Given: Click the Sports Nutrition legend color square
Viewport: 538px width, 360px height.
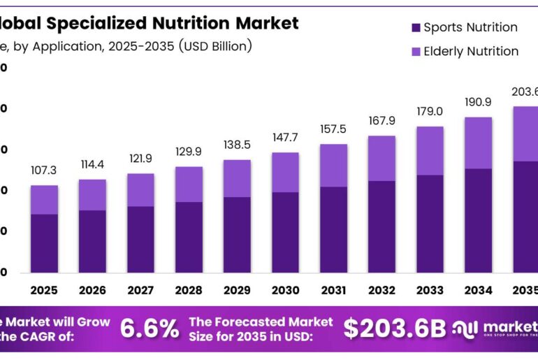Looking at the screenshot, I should coord(416,28).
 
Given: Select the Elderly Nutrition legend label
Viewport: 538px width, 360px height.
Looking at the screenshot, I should coord(471,51).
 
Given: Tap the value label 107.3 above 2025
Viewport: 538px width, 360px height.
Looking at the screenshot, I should coord(44,171).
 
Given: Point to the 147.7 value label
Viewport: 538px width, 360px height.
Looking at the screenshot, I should coord(285,138).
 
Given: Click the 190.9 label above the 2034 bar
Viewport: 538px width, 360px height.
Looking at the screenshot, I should coord(479,102).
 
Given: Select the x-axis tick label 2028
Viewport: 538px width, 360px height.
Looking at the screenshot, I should coord(189,290).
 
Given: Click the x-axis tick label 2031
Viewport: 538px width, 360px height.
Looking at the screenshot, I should coord(333,290).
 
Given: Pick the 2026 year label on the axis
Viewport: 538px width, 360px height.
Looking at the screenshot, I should coord(92,290).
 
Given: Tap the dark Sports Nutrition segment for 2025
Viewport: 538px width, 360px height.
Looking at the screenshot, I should coord(44,243).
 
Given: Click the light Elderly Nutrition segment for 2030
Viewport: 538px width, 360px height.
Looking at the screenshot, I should coord(285,172).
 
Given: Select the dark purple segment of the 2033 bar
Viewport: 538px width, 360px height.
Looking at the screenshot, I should coord(430,224).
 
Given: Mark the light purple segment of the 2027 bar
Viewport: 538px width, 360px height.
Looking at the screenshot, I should coord(140,189).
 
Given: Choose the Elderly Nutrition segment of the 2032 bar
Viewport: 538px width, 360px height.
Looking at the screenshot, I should coord(381,158).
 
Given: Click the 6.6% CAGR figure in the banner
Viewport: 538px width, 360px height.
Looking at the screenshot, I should coord(149,328).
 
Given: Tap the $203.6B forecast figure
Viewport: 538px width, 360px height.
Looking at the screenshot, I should coord(394,328).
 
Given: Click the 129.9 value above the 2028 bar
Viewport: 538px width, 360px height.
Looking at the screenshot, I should coord(189,152).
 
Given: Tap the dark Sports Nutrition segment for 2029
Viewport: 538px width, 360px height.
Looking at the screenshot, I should coord(237,235).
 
